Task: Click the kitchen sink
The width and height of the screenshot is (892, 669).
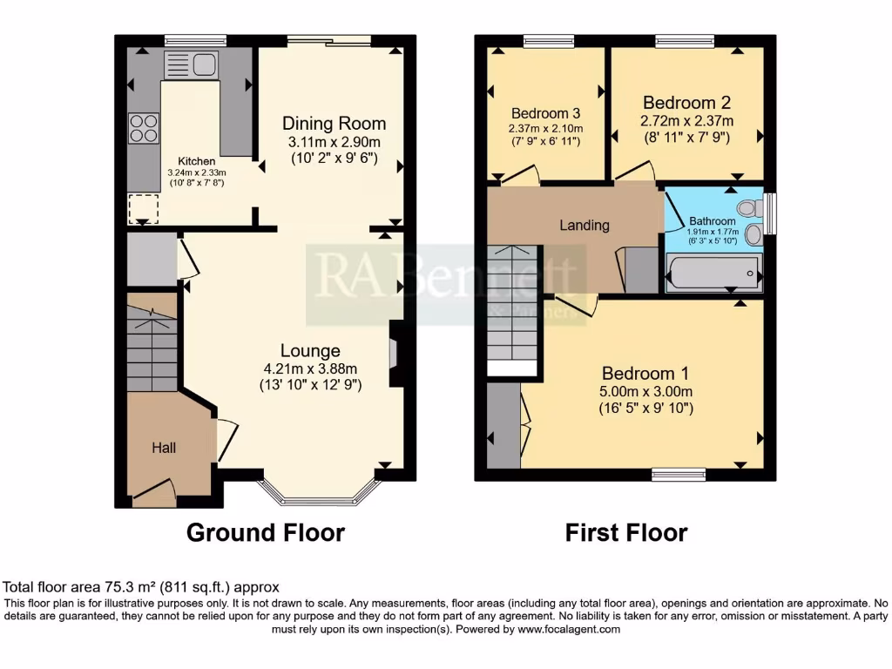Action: [190, 65]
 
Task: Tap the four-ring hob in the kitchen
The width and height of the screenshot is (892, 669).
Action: [144, 129]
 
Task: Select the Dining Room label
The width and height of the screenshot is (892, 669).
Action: [334, 124]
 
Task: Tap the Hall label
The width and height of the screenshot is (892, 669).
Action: [164, 448]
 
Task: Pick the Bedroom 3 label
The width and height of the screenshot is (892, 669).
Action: [545, 113]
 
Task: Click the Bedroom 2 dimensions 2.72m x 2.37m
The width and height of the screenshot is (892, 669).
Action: [686, 121]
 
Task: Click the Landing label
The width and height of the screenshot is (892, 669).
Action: [584, 225]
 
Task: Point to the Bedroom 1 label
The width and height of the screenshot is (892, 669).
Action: [644, 374]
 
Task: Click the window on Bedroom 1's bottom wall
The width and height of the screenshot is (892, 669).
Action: [679, 475]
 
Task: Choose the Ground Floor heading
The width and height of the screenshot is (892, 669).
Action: [266, 532]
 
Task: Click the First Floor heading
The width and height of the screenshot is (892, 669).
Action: [626, 532]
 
